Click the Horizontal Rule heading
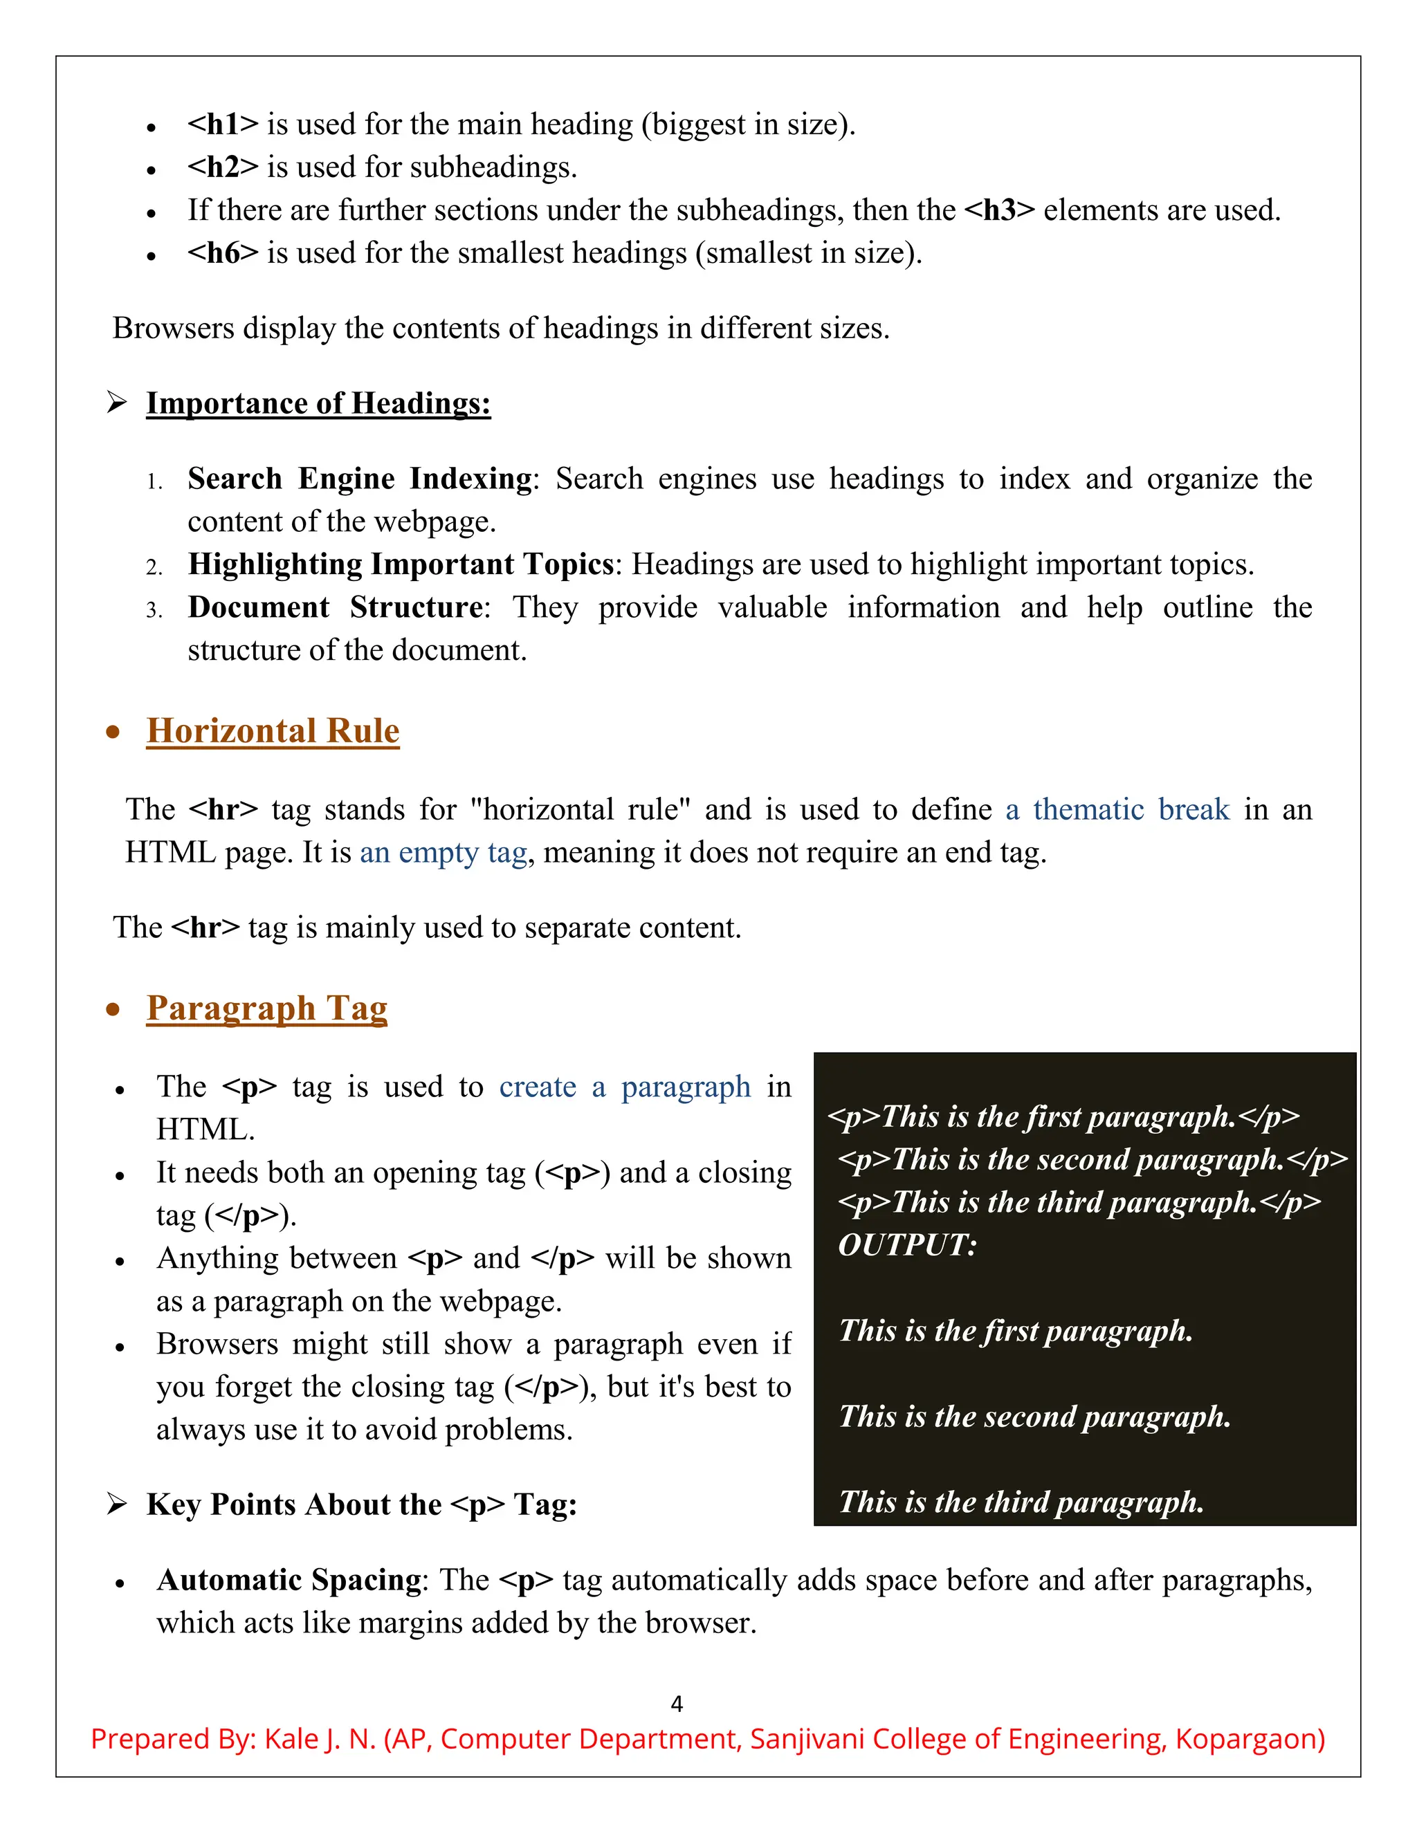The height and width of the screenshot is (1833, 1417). point(273,730)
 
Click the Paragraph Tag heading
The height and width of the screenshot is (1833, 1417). point(267,1008)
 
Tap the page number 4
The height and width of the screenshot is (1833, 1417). point(677,1704)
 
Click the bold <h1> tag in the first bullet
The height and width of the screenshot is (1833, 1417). point(223,125)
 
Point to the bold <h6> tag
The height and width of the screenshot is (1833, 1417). point(223,252)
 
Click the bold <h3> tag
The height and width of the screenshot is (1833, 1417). point(999,210)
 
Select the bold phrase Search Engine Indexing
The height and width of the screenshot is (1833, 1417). point(359,479)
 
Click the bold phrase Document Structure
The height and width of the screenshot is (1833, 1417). point(336,607)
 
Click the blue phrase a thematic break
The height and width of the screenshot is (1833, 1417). point(1117,809)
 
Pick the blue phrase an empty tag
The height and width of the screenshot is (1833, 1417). point(444,853)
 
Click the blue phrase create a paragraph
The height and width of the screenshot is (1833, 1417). point(625,1087)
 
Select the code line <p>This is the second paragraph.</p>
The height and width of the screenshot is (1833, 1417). point(1092,1159)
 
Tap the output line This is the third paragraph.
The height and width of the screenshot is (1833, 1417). point(1021,1502)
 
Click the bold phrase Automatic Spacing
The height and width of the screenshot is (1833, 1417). point(289,1580)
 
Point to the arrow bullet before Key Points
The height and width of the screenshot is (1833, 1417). point(117,1504)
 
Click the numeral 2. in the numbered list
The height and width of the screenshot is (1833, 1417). point(154,567)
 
